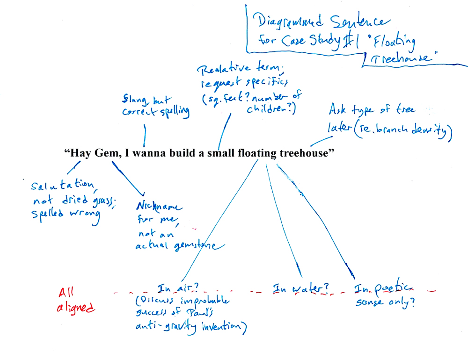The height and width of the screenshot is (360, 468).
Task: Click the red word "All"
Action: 67,293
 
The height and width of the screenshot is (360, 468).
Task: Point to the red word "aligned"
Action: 76,308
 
